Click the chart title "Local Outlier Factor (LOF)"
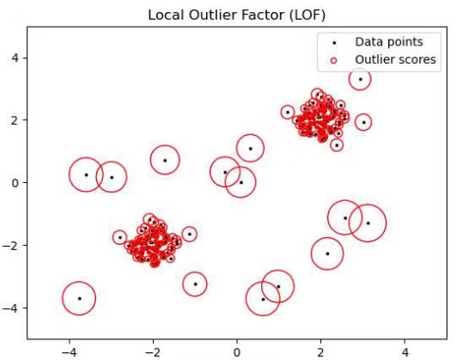[236, 15]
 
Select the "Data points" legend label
[389, 42]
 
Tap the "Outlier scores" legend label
[395, 59]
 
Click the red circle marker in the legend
[333, 60]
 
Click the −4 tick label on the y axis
[10, 308]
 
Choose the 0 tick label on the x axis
[237, 352]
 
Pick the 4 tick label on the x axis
[404, 352]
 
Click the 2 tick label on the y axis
[15, 120]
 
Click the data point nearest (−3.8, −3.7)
[79, 299]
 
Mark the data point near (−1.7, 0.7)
[165, 161]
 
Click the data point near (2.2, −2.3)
[327, 253]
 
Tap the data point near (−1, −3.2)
[195, 284]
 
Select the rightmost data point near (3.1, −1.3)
[368, 223]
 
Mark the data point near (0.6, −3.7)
[263, 300]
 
